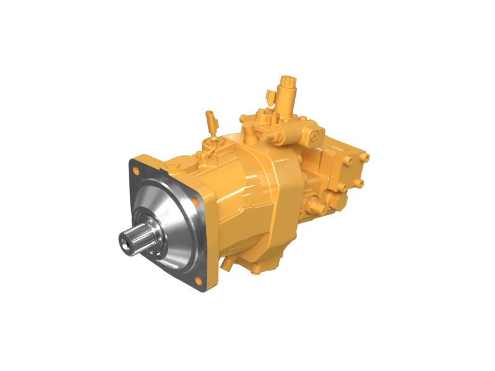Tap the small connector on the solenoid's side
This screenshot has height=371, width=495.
(270, 96)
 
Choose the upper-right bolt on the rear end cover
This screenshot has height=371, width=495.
(366, 157)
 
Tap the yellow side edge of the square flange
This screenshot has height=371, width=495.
(210, 247)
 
